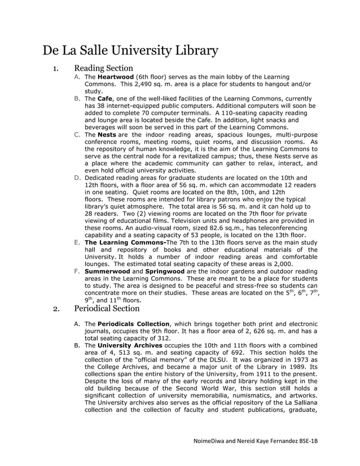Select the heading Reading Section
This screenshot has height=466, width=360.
pyautogui.click(x=103, y=69)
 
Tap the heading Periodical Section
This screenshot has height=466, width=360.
pyautogui.click(x=106, y=308)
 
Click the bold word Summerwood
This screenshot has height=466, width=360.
pyautogui.click(x=107, y=271)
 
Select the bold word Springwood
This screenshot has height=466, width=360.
pyautogui.click(x=165, y=271)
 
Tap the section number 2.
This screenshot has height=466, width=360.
pyautogui.click(x=55, y=309)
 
